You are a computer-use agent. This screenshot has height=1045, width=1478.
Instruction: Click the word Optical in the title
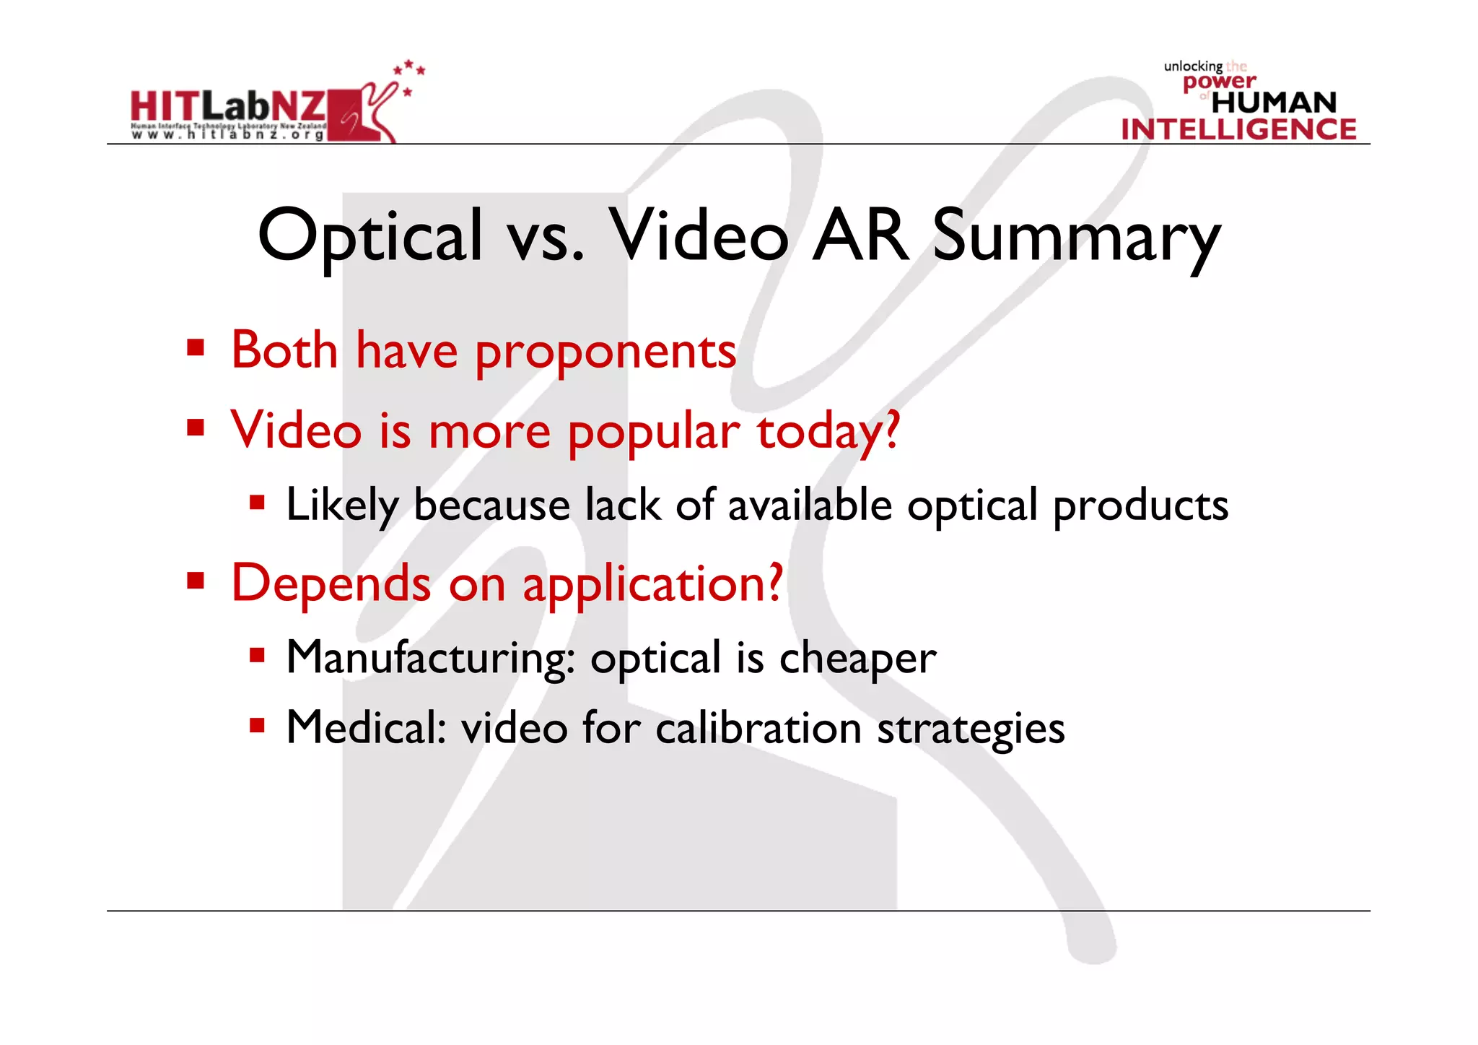(369, 236)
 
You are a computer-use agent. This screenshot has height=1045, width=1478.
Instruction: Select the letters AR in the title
(860, 236)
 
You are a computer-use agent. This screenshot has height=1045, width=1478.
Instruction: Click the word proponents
(605, 352)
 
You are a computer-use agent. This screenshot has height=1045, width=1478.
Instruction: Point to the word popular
(653, 432)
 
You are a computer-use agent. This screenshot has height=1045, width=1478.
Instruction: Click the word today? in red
(828, 432)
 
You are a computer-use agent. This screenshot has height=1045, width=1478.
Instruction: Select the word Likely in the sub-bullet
(341, 505)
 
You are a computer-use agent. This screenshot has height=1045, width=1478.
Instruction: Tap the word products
(1140, 505)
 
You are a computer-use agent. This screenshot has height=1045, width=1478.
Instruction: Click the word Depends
(331, 584)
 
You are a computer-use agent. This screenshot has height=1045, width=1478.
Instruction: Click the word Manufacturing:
(430, 658)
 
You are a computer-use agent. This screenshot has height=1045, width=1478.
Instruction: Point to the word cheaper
(857, 658)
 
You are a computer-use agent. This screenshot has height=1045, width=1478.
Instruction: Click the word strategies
(971, 728)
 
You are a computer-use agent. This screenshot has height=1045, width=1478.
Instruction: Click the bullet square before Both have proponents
(195, 348)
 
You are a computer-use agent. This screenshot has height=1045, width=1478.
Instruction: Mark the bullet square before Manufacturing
(257, 655)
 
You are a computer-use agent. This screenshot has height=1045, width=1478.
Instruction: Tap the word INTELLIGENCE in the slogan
(1238, 129)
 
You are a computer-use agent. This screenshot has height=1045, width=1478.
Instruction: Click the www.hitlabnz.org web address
(228, 135)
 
